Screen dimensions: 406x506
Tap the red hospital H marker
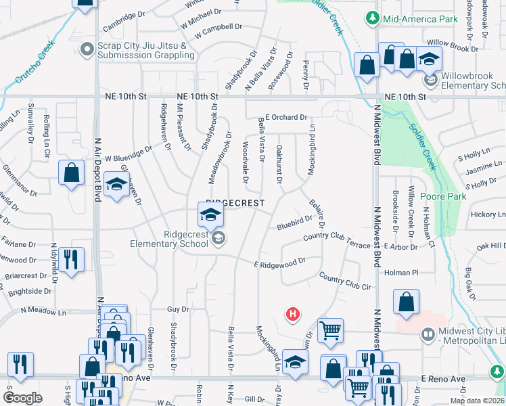[x=293, y=314]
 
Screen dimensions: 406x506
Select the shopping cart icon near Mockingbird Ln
[x=330, y=331]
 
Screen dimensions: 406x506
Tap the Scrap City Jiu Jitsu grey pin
[x=85, y=49]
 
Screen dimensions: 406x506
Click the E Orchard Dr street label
[x=286, y=117]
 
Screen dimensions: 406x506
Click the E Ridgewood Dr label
[x=279, y=262]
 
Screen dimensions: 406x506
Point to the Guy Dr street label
[x=177, y=309]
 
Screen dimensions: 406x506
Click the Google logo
[x=22, y=398]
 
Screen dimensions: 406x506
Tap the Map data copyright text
[x=477, y=401]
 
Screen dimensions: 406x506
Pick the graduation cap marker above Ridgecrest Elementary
[x=210, y=216]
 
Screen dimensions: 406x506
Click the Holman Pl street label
[x=402, y=273]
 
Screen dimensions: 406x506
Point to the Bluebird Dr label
[x=294, y=222]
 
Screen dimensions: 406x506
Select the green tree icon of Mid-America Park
[x=371, y=18]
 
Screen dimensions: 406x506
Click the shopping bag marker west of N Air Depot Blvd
[x=72, y=173]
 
